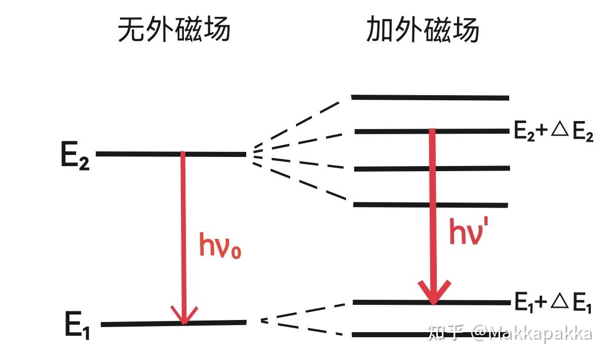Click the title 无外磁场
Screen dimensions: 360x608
(x=174, y=30)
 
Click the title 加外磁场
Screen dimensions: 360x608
(x=423, y=30)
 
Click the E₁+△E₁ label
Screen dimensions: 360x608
(x=553, y=303)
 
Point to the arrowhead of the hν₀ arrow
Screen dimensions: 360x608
(x=184, y=316)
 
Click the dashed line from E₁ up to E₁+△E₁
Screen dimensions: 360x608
(x=304, y=312)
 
